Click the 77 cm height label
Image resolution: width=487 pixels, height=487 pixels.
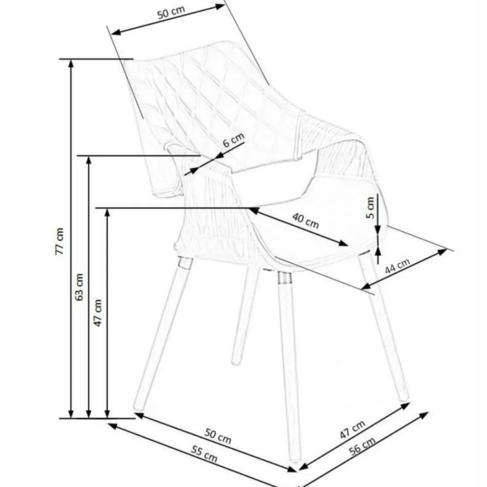pyautogui.click(x=59, y=242)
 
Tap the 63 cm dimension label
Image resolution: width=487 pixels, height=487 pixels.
pyautogui.click(x=79, y=287)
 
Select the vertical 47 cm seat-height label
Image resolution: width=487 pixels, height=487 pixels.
pyautogui.click(x=98, y=313)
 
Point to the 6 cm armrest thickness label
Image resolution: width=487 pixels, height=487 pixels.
pyautogui.click(x=234, y=140)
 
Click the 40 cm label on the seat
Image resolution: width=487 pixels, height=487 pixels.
pyautogui.click(x=305, y=221)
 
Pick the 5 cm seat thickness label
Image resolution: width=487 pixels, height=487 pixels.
pyautogui.click(x=370, y=208)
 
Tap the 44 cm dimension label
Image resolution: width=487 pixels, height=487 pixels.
pyautogui.click(x=397, y=266)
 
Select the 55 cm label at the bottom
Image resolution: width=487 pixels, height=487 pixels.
pyautogui.click(x=204, y=454)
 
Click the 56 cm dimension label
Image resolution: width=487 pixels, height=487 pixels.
pyautogui.click(x=362, y=446)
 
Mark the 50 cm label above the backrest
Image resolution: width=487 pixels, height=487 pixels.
pyautogui.click(x=171, y=13)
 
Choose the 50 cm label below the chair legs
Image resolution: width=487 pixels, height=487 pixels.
pyautogui.click(x=218, y=436)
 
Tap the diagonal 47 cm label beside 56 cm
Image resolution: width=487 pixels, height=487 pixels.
pyautogui.click(x=353, y=430)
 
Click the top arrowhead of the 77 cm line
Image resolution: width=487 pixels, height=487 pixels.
pyautogui.click(x=71, y=63)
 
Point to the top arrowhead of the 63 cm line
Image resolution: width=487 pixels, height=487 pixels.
pyautogui.click(x=89, y=160)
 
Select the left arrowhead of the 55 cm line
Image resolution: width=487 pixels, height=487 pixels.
pyautogui.click(x=112, y=426)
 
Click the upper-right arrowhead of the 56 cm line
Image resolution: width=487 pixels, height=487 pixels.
pyautogui.click(x=424, y=415)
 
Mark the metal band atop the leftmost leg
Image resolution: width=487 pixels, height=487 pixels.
pyautogui.click(x=185, y=263)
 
